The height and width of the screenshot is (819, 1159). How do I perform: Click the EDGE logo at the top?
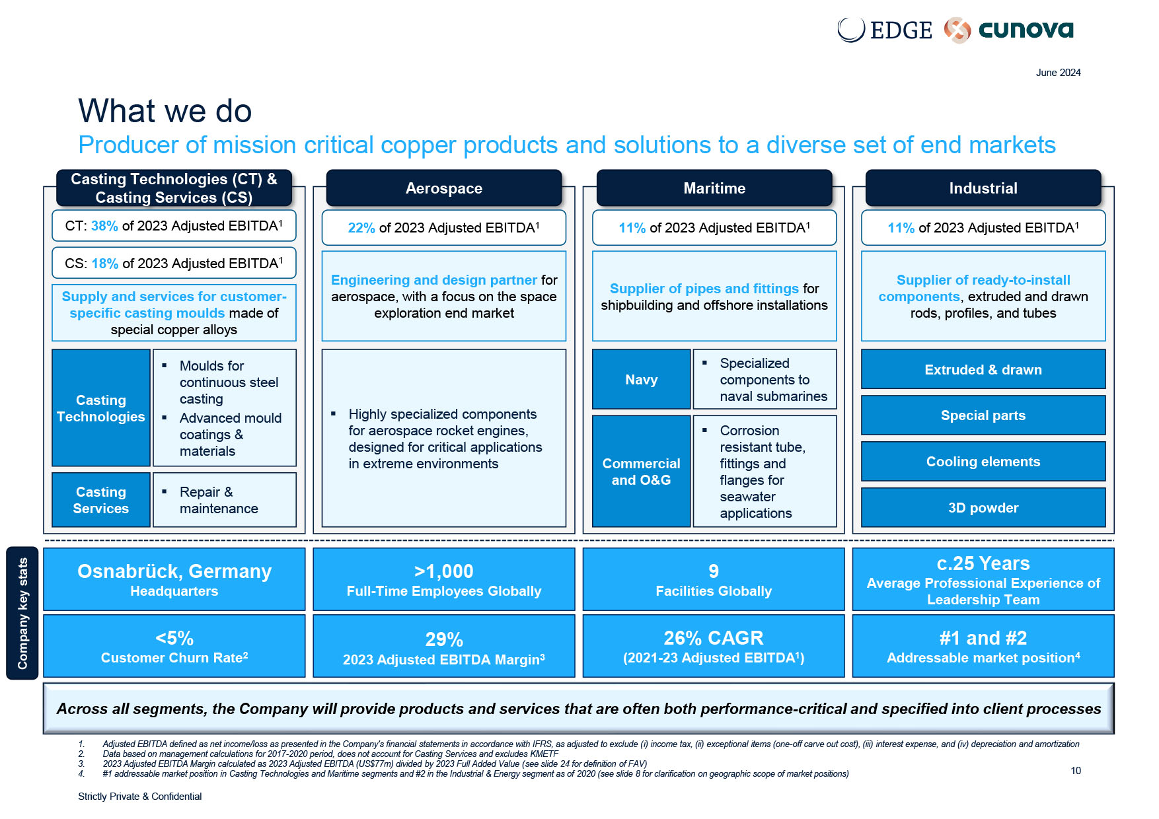pyautogui.click(x=885, y=30)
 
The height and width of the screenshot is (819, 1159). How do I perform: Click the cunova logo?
pyautogui.click(x=1010, y=30)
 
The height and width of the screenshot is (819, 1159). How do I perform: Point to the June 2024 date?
pyautogui.click(x=1058, y=73)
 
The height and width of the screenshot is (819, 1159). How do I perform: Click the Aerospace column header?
pyautogui.click(x=443, y=188)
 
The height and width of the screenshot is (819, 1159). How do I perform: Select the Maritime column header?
pyautogui.click(x=714, y=188)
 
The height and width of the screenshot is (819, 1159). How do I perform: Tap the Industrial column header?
pyautogui.click(x=983, y=188)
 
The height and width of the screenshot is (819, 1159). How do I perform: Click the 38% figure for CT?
pyautogui.click(x=104, y=226)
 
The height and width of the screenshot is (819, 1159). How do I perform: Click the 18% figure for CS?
pyautogui.click(x=104, y=264)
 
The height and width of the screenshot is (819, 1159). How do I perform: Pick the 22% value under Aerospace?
pyautogui.click(x=361, y=228)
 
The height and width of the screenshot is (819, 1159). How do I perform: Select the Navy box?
pyautogui.click(x=641, y=380)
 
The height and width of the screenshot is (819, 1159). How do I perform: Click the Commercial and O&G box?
pyautogui.click(x=641, y=472)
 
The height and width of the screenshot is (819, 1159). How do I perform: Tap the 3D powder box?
pyautogui.click(x=983, y=508)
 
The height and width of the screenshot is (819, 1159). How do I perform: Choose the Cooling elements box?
pyautogui.click(x=983, y=462)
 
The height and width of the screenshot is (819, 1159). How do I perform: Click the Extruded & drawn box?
pyautogui.click(x=983, y=370)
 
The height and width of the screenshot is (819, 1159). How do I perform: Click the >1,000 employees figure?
pyautogui.click(x=443, y=571)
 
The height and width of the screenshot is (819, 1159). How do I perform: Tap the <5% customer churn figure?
pyautogui.click(x=174, y=639)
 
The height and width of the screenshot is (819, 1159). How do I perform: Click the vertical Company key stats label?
pyautogui.click(x=22, y=613)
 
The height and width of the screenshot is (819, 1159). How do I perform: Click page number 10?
pyautogui.click(x=1076, y=771)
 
